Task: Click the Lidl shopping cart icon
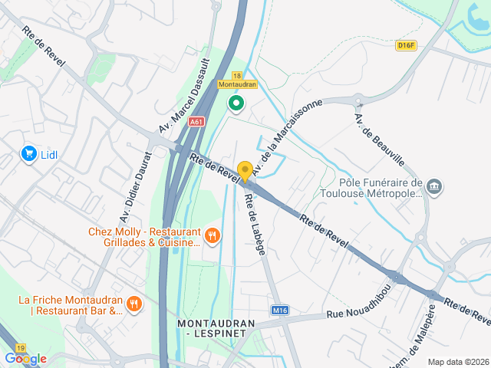tap(29, 154)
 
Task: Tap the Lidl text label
tap(49, 154)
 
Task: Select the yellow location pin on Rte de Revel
tap(245, 172)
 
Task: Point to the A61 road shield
tap(197, 121)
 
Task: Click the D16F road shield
tap(406, 45)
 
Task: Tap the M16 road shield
tap(280, 310)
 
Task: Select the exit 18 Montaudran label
tap(237, 80)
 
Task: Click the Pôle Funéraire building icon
tap(435, 187)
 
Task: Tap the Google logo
tap(25, 358)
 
